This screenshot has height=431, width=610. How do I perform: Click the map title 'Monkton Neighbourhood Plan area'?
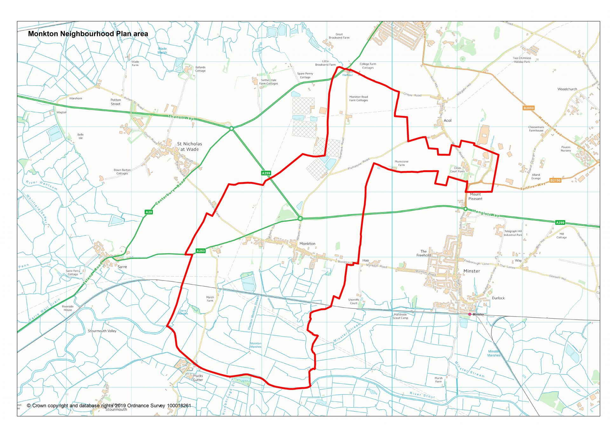(88, 34)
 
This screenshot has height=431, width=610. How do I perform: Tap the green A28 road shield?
(149, 212)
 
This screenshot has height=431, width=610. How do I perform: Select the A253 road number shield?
(200, 251)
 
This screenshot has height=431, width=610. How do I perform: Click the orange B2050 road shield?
(528, 108)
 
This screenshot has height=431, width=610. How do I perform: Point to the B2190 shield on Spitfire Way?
(555, 180)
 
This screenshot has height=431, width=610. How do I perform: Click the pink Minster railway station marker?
(470, 314)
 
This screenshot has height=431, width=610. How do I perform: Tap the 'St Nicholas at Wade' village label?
(190, 146)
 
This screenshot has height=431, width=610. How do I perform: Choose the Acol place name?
(447, 120)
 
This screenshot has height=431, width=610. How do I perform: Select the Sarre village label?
(122, 267)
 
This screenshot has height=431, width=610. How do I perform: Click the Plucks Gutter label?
(198, 378)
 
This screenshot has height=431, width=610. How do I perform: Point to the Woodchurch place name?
(567, 89)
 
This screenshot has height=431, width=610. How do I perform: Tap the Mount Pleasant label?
(475, 196)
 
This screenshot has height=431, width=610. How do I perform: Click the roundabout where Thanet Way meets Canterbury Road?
(232, 128)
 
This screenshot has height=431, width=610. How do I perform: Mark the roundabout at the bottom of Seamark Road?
(300, 218)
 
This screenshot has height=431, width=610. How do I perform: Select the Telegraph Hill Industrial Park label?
(513, 233)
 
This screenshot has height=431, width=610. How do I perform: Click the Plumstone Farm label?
(402, 163)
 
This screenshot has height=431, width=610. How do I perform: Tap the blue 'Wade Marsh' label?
(162, 51)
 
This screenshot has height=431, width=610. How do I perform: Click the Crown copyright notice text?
(109, 406)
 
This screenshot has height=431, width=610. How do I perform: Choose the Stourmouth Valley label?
(102, 331)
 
